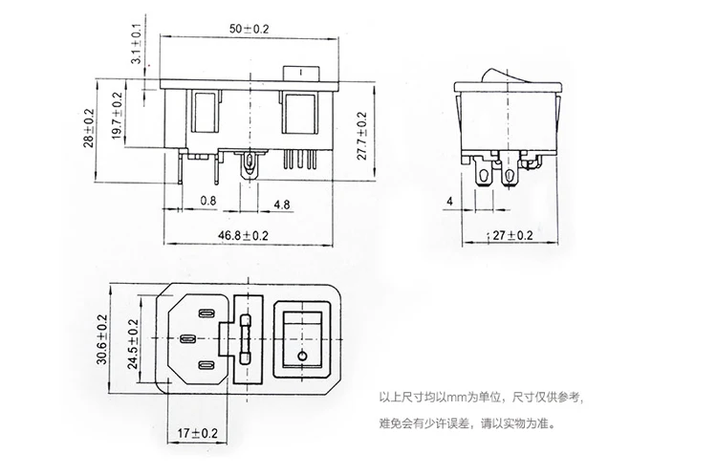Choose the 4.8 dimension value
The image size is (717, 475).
(x=281, y=204)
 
